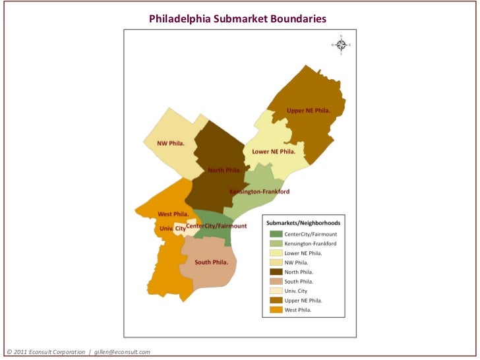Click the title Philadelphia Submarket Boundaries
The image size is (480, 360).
pos(237,18)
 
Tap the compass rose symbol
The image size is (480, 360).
pos(341,45)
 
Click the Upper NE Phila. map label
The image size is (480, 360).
pos(308,110)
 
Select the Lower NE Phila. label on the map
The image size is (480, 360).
pos(274,151)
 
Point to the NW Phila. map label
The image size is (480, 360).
pos(170,143)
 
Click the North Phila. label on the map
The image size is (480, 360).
pos(224,170)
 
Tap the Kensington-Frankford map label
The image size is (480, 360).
pos(259,192)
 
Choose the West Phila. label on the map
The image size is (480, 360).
pos(173,214)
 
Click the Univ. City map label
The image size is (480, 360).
pos(172,228)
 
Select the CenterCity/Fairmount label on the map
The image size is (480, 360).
pos(217,226)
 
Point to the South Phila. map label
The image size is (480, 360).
pos(211,262)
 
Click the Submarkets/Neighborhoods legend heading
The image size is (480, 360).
pos(303,224)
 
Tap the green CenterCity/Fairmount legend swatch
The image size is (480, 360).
pos(275,234)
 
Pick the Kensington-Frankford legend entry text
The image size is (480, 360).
pos(310,243)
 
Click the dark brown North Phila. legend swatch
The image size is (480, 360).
pos(275,272)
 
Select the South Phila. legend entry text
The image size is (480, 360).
pos(298,281)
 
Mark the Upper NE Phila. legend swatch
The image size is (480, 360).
pos(275,300)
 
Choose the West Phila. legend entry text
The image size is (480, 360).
pos(297,309)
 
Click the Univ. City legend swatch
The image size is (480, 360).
pos(275,291)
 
